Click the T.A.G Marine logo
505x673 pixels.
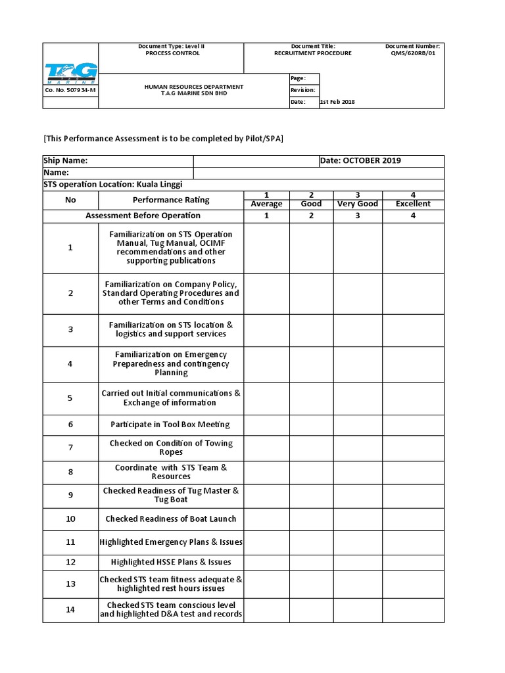tap(70, 74)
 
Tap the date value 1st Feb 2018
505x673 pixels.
tap(337, 102)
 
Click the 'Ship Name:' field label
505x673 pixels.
tap(66, 161)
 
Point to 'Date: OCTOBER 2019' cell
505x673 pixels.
tap(360, 161)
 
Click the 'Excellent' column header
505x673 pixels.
tap(413, 204)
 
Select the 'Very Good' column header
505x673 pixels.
tap(358, 204)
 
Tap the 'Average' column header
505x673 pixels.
tap(266, 204)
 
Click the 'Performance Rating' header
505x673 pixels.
tap(171, 199)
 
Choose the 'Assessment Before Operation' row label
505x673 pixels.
tap(143, 216)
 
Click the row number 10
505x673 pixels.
tap(70, 519)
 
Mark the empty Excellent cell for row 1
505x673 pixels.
tap(413, 248)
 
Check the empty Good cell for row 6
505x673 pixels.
tap(311, 425)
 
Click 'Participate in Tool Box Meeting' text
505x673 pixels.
tap(171, 425)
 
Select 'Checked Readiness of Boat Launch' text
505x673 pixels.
tap(171, 519)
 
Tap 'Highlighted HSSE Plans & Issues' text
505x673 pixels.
tap(171, 562)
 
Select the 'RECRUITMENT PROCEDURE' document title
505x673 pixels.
tap(313, 53)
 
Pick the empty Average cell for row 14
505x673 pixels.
tap(266, 609)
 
